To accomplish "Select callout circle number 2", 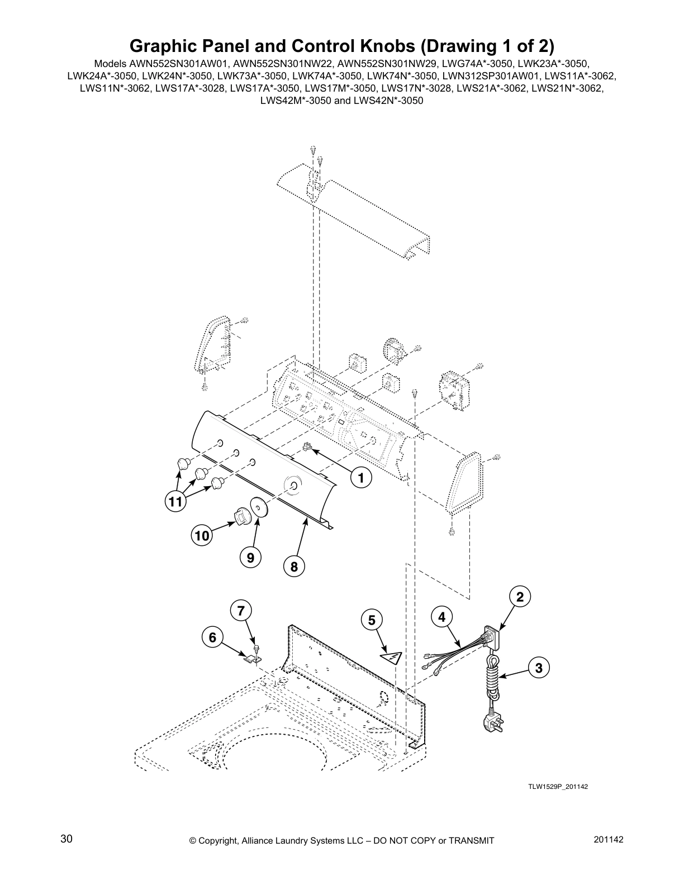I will tap(520, 597).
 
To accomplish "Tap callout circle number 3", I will tap(538, 667).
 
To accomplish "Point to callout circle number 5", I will tap(372, 619).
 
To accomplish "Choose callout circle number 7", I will tap(240, 611).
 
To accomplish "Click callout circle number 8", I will tap(293, 567).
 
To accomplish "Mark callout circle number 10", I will tap(202, 536).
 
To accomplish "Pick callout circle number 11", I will tap(175, 502).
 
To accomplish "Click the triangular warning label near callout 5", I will tap(392, 656).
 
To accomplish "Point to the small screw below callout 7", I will tap(256, 648).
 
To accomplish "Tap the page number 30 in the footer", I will tap(66, 839).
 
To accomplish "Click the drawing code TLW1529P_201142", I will tap(558, 787).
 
